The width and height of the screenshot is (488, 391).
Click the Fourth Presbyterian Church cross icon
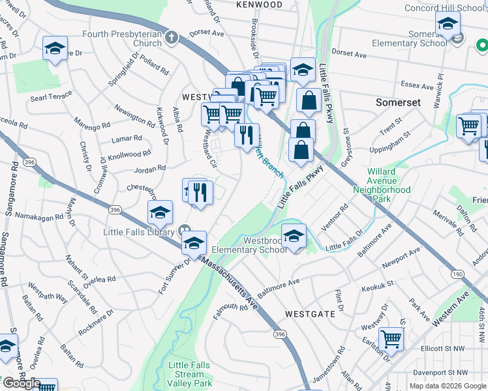coord(172,37)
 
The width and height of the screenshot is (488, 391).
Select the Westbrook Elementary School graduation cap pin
coord(294,235)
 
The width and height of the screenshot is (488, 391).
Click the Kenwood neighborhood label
coord(260,5)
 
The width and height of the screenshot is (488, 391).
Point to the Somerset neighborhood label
coord(398,103)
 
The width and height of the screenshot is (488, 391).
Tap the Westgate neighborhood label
coord(310,313)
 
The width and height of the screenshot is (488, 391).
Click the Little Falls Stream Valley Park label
coord(190,375)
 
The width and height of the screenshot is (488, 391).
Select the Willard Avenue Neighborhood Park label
coord(391,185)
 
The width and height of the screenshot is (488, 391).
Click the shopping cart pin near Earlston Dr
coord(391,339)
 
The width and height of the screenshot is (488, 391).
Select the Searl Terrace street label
coord(51,96)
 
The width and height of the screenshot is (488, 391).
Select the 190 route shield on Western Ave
coord(457,274)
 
